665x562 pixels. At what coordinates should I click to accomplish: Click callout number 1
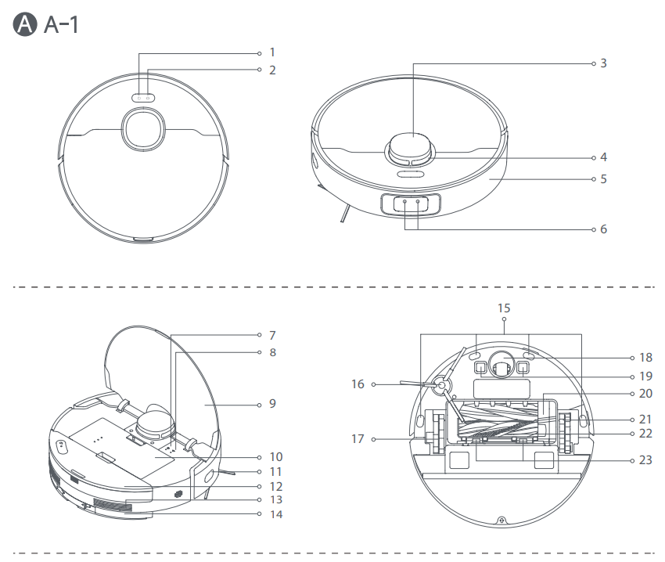coord(272,52)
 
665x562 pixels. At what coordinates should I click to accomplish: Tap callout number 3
coord(603,63)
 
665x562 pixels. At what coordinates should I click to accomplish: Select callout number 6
coord(603,229)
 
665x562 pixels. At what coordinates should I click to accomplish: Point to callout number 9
coord(272,405)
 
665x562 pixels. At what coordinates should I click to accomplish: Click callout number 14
coord(275,514)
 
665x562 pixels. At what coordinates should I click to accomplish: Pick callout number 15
coord(504,308)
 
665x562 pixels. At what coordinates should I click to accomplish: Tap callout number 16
coord(358,384)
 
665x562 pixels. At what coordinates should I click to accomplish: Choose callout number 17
coord(358,439)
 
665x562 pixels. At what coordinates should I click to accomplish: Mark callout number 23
coord(645,460)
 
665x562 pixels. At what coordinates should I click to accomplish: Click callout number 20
coord(645,393)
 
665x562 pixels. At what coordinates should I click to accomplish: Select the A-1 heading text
coord(61,25)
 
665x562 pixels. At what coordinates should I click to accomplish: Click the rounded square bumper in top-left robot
coord(142,129)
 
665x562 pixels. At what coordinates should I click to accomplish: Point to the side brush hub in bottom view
coord(440,385)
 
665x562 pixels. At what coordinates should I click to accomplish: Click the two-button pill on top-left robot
coord(142,99)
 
